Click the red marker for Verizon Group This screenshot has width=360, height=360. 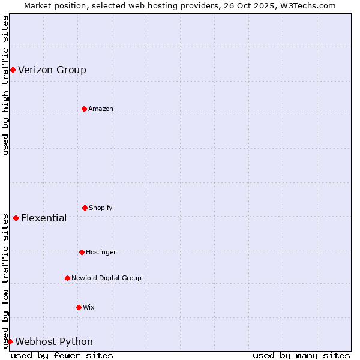pyautogui.click(x=13, y=70)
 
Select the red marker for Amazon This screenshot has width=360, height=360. pyautogui.click(x=84, y=109)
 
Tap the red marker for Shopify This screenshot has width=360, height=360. pyautogui.click(x=85, y=208)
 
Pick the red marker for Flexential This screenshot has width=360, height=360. pyautogui.click(x=16, y=218)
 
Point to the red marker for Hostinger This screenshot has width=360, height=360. pyautogui.click(x=82, y=252)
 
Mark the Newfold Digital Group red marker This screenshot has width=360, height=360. pyautogui.click(x=67, y=278)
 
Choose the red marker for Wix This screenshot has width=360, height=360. pyautogui.click(x=79, y=307)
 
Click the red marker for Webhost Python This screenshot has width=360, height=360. pyautogui.click(x=10, y=341)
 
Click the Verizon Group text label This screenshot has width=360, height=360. pyautogui.click(x=52, y=70)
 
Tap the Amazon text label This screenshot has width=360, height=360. pyautogui.click(x=101, y=109)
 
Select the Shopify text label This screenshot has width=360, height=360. pyautogui.click(x=101, y=208)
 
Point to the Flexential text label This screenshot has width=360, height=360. pyautogui.click(x=44, y=218)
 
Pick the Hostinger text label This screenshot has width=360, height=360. pyautogui.click(x=101, y=253)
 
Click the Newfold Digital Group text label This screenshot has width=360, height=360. pyautogui.click(x=106, y=278)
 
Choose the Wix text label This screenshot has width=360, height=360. pyautogui.click(x=89, y=308)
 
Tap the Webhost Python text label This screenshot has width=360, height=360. pyautogui.click(x=54, y=342)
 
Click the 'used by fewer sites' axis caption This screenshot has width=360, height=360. pyautogui.click(x=62, y=355)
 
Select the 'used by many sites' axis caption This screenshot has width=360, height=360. pyautogui.click(x=301, y=355)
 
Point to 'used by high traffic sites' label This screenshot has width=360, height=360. pyautogui.click(x=5, y=86)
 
